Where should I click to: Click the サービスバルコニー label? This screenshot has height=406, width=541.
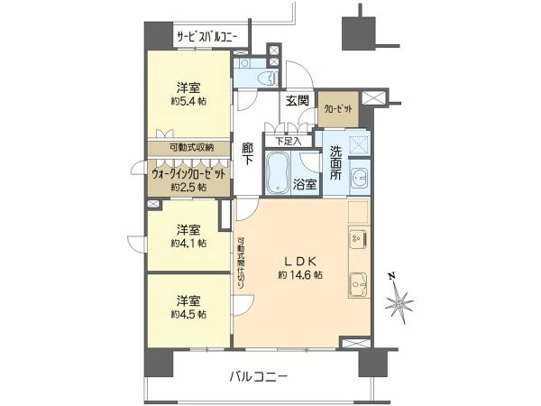[x=206, y=38]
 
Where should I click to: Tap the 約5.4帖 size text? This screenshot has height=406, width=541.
[x=188, y=102]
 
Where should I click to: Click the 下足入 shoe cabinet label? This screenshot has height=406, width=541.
[x=289, y=140]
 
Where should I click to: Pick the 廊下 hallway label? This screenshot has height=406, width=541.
[x=248, y=158]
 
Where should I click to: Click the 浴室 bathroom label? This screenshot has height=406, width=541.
[x=305, y=185]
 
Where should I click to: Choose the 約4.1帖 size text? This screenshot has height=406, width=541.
[x=188, y=243]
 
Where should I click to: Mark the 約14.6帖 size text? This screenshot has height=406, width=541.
[x=298, y=274]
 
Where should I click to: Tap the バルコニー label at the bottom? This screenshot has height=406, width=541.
[x=258, y=375]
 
